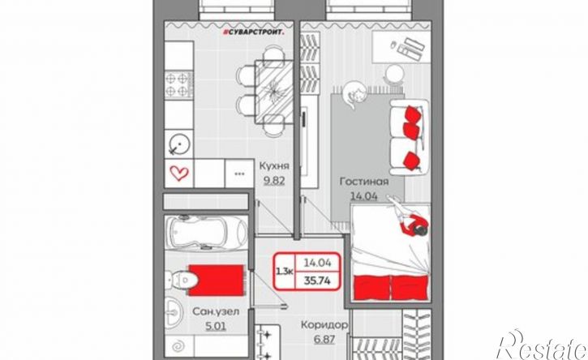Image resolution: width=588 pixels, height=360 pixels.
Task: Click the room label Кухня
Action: point(274,166)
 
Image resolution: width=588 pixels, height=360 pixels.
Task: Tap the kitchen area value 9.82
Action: point(274,181)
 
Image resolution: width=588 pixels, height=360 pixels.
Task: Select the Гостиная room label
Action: point(364,182)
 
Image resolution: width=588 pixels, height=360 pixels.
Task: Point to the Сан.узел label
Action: point(216,311)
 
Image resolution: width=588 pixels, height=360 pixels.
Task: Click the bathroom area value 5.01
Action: point(216,326)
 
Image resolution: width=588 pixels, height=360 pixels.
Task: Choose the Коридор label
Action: point(324,325)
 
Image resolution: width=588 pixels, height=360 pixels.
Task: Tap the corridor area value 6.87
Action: point(324,340)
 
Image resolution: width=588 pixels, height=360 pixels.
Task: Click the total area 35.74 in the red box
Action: point(317,281)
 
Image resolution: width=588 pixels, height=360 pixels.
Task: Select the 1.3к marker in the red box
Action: point(285,271)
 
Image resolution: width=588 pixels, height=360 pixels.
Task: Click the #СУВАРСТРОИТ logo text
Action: point(253,33)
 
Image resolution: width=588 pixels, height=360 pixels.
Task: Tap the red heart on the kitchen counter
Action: point(179,174)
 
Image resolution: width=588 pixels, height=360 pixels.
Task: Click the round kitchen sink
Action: point(179,144)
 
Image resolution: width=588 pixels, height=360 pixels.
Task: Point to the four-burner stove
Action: point(179,84)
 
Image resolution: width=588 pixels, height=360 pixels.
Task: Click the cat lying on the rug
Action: point(354,94)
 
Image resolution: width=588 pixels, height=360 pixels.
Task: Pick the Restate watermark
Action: point(541,345)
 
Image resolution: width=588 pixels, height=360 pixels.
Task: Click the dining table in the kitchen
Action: point(274,92)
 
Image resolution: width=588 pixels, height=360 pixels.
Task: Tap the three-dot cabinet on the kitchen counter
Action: point(239,174)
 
